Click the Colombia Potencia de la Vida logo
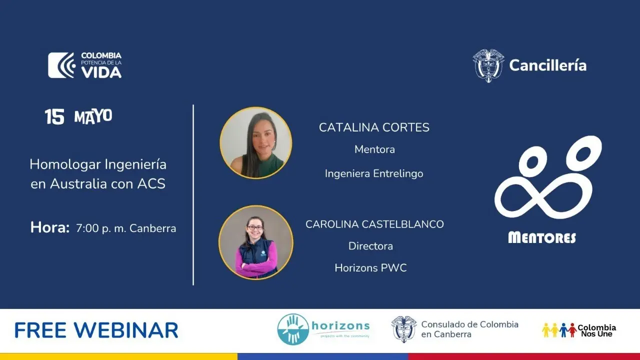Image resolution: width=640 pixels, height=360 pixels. coord(85,65)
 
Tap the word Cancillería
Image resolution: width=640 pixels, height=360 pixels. coord(547,65)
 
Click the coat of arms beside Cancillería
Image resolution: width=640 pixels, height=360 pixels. coord(488,65)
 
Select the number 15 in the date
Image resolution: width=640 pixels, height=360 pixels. coord(54,116)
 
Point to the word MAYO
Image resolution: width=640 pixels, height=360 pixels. coord(93,116)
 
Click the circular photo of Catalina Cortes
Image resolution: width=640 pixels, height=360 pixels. coord(256,143)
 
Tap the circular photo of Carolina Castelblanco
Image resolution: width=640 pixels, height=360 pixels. coord(256,242)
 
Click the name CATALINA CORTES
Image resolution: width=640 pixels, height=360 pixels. coord(374,127)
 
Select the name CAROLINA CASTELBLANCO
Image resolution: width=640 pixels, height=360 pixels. coord(374,224)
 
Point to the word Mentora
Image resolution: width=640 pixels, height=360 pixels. coord(374,149)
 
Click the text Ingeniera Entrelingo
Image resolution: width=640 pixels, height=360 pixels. coord(374,173)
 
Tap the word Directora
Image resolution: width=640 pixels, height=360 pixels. coord(370,246)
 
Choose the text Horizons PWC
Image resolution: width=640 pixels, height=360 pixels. coord(370,268)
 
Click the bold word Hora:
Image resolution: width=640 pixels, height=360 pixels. coord(50,227)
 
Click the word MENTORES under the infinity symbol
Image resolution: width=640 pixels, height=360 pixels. coord(542,237)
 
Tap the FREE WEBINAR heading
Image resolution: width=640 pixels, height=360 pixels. coord(96,330)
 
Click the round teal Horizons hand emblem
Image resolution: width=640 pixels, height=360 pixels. coord(293,329)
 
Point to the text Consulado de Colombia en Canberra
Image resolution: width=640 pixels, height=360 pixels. coord(469,329)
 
